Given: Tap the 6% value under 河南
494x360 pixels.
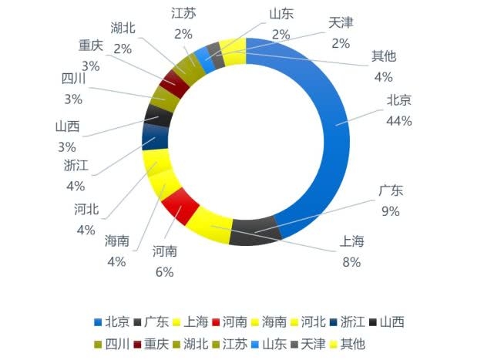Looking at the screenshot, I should point(164,271).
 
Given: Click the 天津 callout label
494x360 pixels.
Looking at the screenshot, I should point(341,23).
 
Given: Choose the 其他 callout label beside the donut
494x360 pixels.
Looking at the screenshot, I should point(383,56).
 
